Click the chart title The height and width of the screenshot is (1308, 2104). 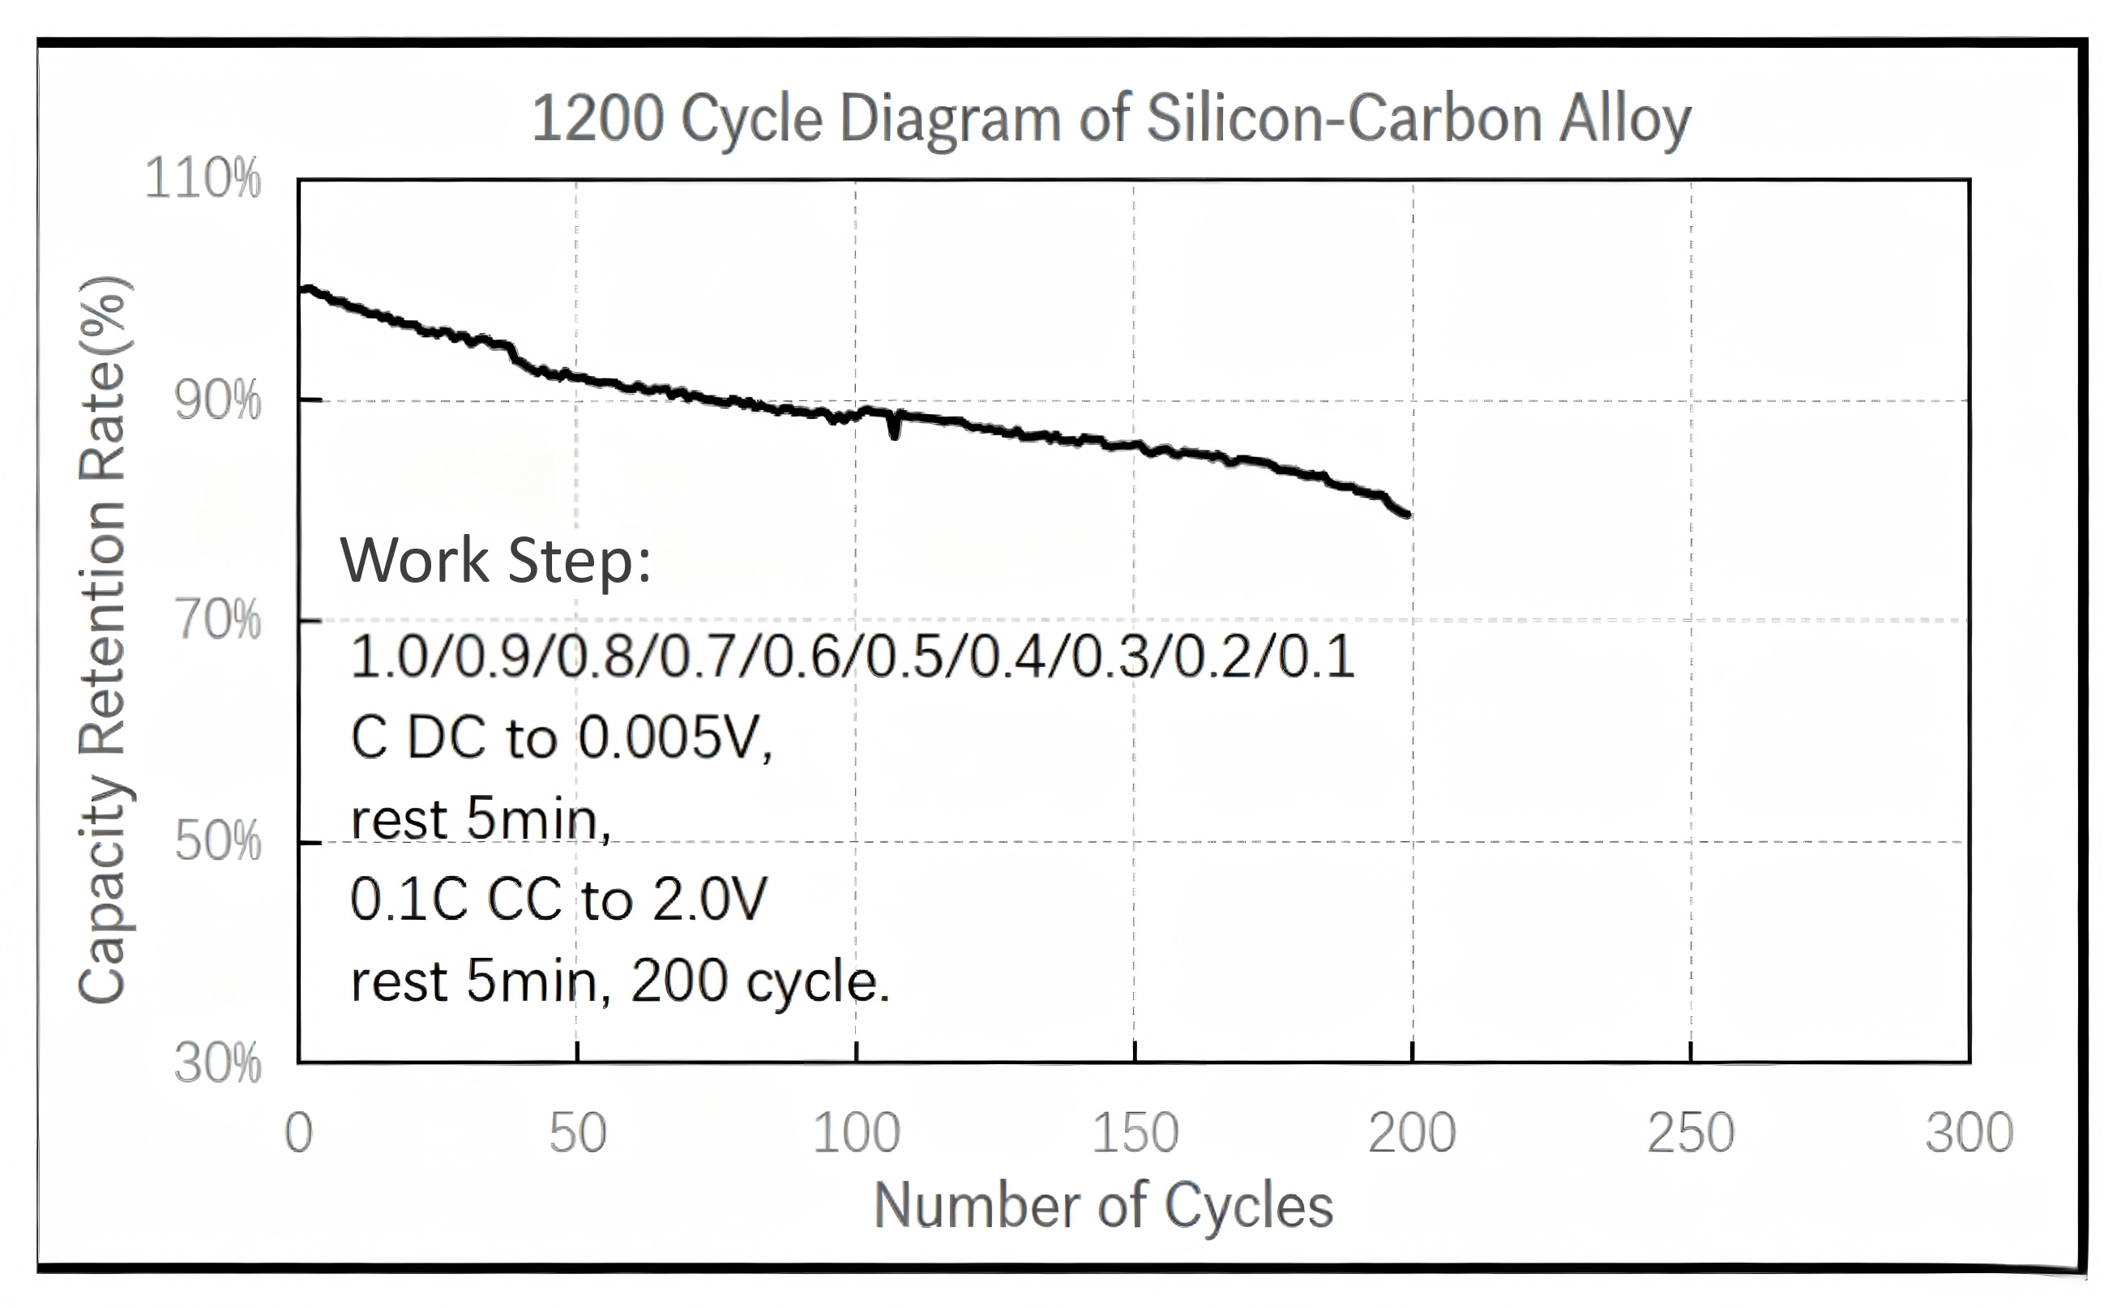pos(1111,119)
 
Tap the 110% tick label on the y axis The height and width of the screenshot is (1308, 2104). pos(203,179)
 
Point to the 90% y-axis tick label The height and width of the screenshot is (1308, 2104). pos(217,400)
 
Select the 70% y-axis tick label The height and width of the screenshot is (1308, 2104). pos(217,620)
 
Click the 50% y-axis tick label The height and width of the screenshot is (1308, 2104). pos(217,841)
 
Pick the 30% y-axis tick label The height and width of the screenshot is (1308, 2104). pos(217,1063)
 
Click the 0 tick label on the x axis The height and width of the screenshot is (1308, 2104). pos(298,1133)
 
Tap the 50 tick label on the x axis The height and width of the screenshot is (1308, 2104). pos(577,1133)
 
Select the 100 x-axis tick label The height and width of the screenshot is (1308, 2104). pos(857,1133)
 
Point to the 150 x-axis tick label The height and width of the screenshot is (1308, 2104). pos(1135,1133)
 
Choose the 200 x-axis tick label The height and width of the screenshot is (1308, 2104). pos(1413,1133)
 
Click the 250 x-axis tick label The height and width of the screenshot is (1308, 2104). pos(1691,1133)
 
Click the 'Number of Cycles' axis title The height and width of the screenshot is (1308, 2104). pos(1104,1206)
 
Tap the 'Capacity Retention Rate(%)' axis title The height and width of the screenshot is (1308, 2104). pos(104,640)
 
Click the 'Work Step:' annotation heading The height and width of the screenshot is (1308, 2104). pos(496,561)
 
